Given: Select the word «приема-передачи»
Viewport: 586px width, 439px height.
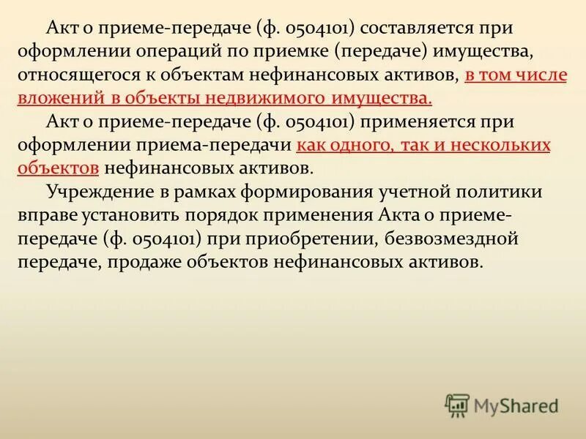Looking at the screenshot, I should click(222, 146).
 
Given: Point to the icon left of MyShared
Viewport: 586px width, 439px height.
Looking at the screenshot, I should click(458, 404).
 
